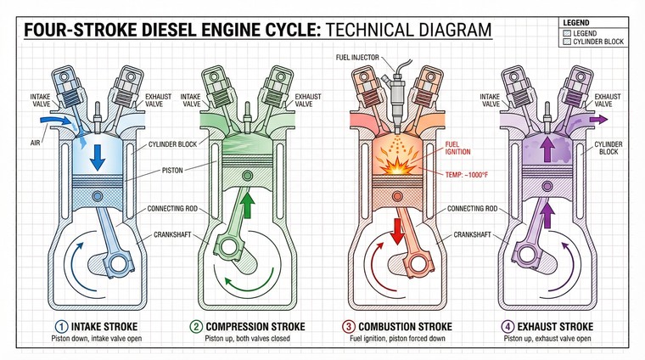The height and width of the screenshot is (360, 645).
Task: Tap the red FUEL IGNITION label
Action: pyautogui.click(x=458, y=148)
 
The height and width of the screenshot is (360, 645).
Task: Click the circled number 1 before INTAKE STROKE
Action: pyautogui.click(x=60, y=326)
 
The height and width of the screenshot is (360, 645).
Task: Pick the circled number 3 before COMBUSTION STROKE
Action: pyautogui.click(x=348, y=326)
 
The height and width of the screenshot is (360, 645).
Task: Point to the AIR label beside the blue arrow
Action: pyautogui.click(x=35, y=132)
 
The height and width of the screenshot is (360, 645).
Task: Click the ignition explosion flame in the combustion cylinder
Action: pyautogui.click(x=394, y=166)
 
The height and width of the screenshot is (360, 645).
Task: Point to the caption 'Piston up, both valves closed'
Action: pyautogui.click(x=248, y=340)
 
